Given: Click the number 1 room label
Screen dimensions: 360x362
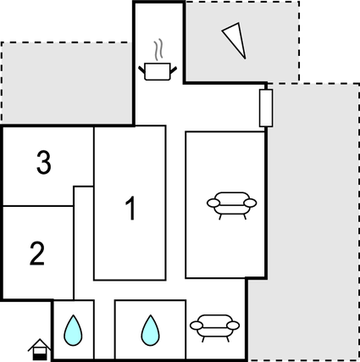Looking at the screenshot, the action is [x=130, y=209].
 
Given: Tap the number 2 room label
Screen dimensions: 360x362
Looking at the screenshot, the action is [x=37, y=253].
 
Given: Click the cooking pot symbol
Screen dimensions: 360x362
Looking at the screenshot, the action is [x=158, y=71].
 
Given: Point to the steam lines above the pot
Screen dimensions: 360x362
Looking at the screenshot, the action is [x=158, y=49].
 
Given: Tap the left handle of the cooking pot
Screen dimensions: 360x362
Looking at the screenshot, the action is [x=141, y=70].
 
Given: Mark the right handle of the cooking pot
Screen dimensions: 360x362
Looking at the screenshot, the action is [x=174, y=70].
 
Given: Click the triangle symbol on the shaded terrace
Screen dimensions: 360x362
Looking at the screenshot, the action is [x=234, y=41].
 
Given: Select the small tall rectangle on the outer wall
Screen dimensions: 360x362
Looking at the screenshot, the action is [x=266, y=108].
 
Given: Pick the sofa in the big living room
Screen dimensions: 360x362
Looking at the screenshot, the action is [x=231, y=205].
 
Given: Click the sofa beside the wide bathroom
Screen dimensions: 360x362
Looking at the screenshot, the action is [x=214, y=328].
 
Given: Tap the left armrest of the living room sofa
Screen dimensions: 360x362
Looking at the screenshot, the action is [x=213, y=203].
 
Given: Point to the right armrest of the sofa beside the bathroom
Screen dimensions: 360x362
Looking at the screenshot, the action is [x=233, y=326].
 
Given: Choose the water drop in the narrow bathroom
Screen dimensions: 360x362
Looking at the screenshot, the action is [x=73, y=331].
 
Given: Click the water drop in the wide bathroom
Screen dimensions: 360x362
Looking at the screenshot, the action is [x=150, y=331].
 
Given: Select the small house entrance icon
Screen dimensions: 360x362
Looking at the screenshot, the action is [x=40, y=349].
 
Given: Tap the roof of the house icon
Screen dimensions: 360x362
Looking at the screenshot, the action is [x=40, y=344].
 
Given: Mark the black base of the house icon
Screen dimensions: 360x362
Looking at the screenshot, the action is [x=40, y=357].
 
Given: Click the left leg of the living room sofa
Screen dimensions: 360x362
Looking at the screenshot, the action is [x=220, y=217].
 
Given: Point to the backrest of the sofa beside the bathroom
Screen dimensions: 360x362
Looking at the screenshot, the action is [x=214, y=318].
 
